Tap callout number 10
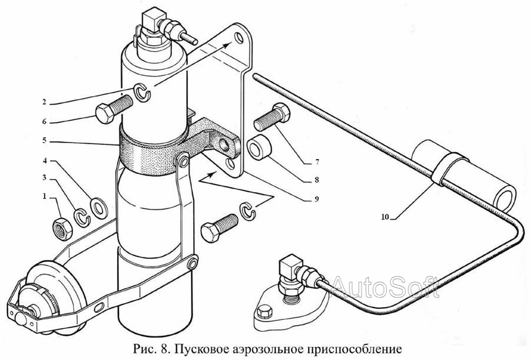pos(385,217)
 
